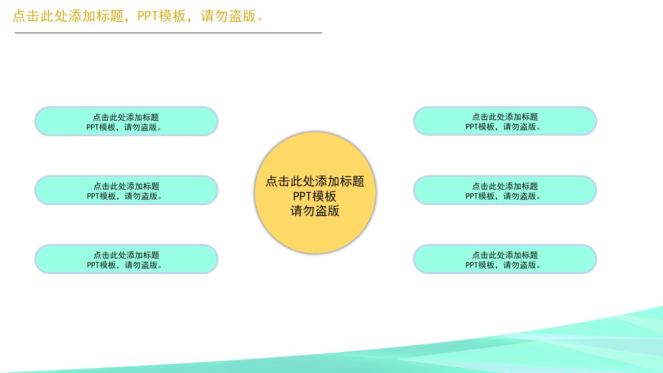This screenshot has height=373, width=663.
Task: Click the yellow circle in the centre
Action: coord(315,233)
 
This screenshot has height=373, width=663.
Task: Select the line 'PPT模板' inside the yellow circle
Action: coord(315,196)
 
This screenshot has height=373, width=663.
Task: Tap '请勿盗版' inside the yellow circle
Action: coord(315,211)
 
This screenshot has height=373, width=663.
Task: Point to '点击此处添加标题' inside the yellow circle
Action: coord(315,181)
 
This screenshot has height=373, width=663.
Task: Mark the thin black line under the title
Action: coord(168,33)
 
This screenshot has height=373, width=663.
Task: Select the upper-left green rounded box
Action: coord(52,121)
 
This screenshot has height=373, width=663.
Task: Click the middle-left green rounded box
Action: coord(52,190)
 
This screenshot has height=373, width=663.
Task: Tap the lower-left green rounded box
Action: coord(52,259)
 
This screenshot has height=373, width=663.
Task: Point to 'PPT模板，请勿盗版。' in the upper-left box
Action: coord(126,126)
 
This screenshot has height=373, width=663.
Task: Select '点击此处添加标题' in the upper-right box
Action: coord(505,117)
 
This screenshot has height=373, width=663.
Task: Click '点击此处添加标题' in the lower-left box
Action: coord(126,255)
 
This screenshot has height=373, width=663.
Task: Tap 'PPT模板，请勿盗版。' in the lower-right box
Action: coord(505,265)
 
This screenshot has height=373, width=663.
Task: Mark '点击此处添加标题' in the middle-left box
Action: coord(126,186)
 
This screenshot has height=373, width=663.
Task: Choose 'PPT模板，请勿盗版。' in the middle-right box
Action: coord(505,196)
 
